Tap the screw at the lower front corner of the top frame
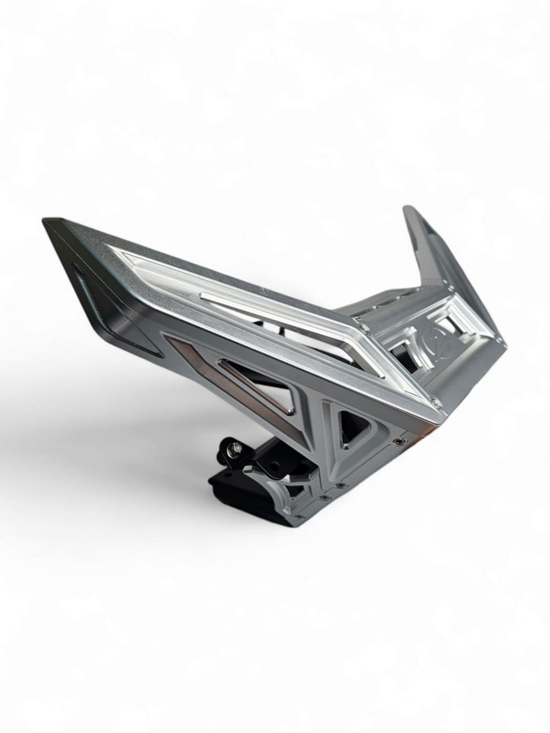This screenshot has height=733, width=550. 434,404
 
